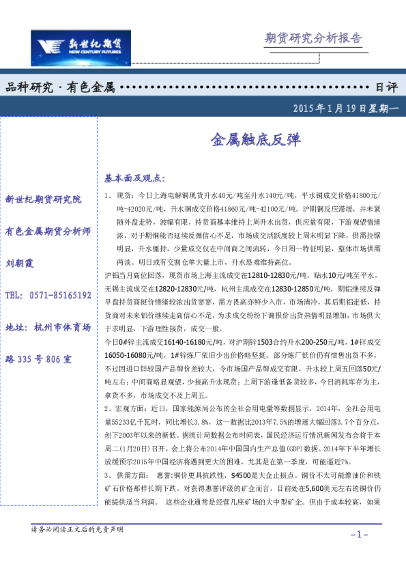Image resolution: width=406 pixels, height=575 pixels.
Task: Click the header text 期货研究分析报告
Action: pos(313,38)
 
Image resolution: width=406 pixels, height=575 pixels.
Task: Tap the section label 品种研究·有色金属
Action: pos(59,87)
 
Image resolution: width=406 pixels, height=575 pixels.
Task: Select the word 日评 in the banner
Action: pos(386,87)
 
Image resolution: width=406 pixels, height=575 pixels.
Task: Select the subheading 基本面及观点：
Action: pos(134,178)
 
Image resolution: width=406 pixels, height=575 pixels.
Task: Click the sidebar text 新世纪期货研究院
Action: pos(43,199)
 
